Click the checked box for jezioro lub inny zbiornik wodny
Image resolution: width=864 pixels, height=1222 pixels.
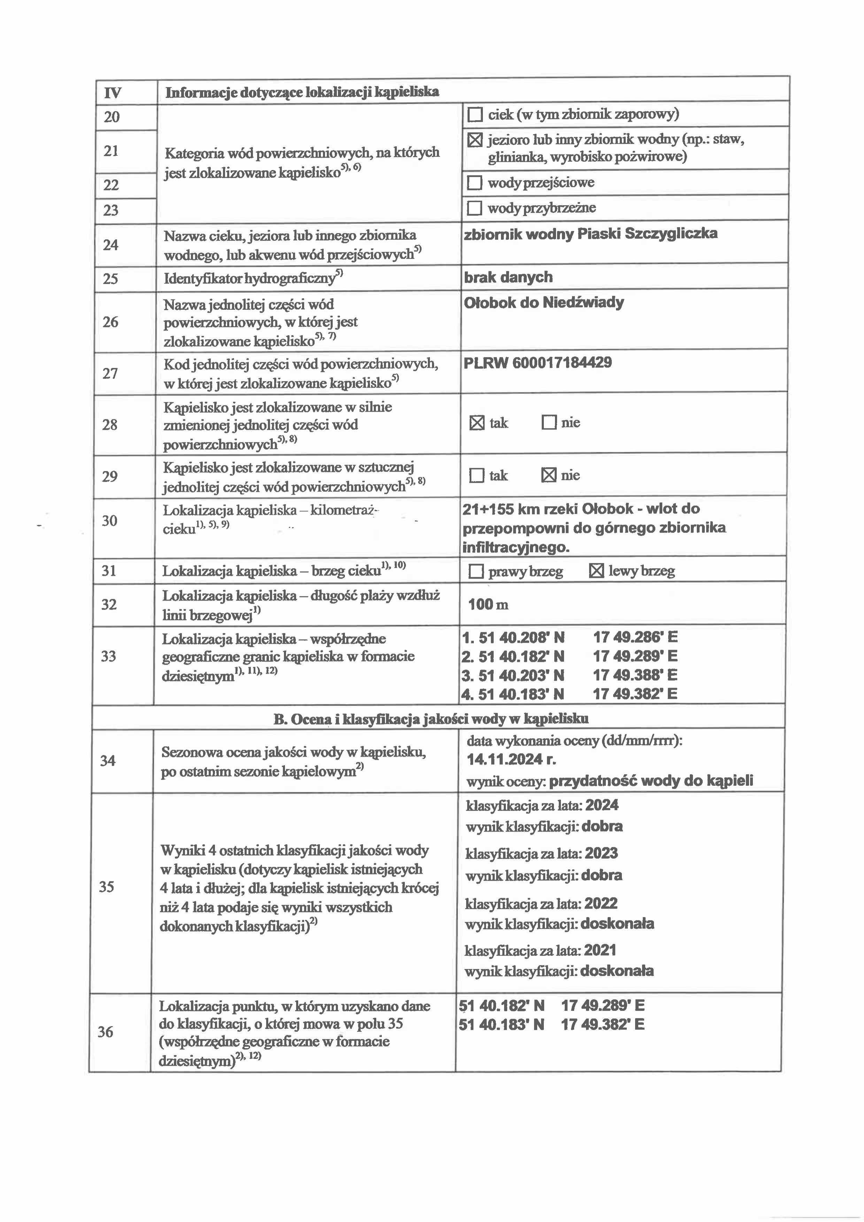(x=474, y=140)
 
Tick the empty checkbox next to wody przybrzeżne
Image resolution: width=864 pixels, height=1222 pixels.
(x=474, y=208)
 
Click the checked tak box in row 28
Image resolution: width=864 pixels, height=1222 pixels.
(x=477, y=424)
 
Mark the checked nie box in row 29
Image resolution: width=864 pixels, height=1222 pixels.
(x=548, y=475)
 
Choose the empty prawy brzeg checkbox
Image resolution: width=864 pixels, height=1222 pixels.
(x=476, y=572)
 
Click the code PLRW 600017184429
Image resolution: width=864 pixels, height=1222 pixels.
(x=538, y=363)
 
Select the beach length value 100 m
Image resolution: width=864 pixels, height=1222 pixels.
(x=488, y=605)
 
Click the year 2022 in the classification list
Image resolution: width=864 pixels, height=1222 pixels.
(x=601, y=904)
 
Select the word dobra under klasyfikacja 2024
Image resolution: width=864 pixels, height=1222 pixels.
(x=602, y=827)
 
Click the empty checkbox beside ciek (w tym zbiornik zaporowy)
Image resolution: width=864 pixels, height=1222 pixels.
(x=474, y=114)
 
